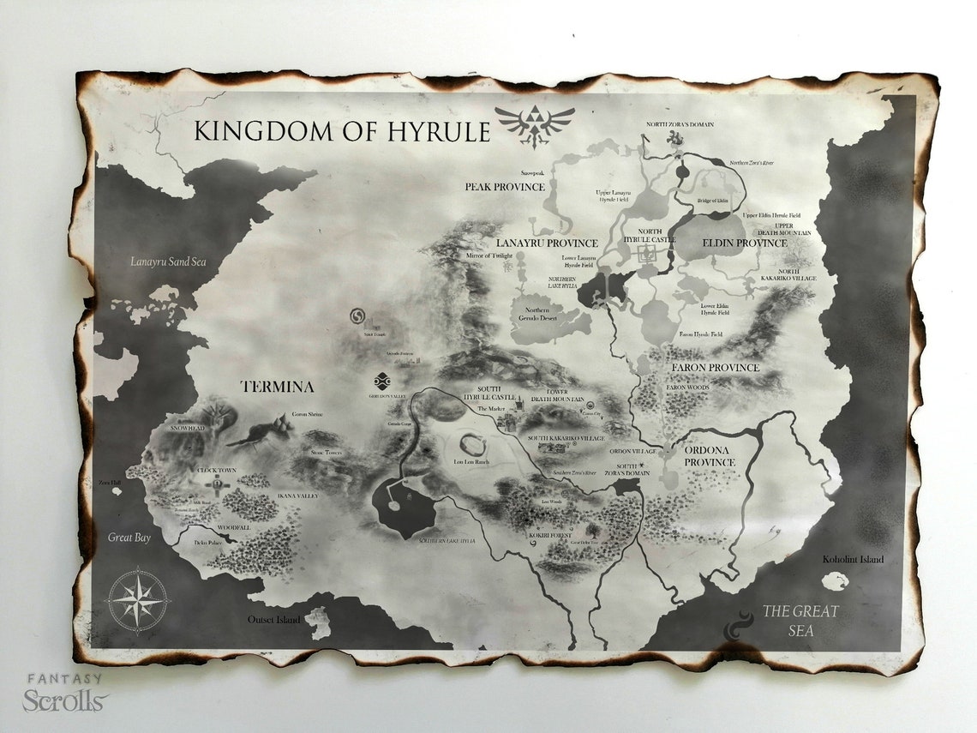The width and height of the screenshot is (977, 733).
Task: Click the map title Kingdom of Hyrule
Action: (x=342, y=131)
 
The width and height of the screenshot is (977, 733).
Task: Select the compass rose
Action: (x=138, y=600)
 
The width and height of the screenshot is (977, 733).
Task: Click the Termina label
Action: (x=277, y=387)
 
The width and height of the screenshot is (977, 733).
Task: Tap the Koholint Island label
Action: (x=852, y=560)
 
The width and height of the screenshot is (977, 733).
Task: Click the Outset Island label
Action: (x=274, y=619)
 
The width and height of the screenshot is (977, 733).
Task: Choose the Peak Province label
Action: (x=505, y=186)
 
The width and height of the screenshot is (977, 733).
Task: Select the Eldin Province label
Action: (x=744, y=243)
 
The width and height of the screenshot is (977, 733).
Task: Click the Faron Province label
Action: (x=715, y=368)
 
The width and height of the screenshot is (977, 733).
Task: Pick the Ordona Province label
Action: (x=709, y=456)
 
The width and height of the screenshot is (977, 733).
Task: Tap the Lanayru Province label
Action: (x=547, y=243)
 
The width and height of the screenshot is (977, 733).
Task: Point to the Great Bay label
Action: (x=129, y=538)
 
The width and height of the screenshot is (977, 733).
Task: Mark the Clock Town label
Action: (x=216, y=471)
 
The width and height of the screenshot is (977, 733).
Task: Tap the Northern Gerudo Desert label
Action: (x=537, y=315)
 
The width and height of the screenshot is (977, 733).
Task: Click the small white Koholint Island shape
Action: (x=834, y=581)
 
